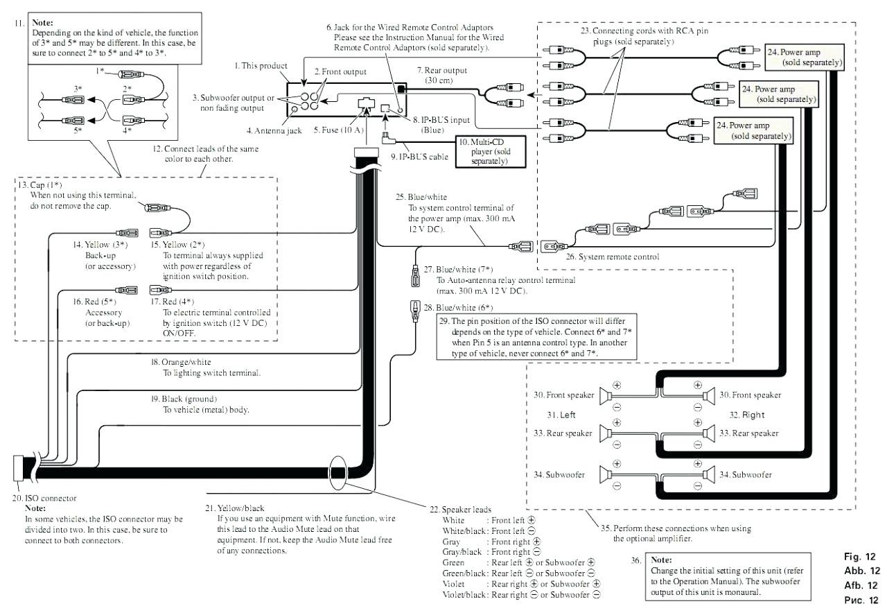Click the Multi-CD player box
tap(491, 152)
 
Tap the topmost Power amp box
tap(805, 58)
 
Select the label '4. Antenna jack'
tap(274, 131)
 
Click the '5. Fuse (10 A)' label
tap(339, 130)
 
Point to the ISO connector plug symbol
tap(18, 468)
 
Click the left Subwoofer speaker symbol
tap(606, 474)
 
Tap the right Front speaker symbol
tap(709, 396)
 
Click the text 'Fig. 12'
tap(860, 557)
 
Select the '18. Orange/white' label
tap(181, 362)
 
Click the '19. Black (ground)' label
tap(184, 399)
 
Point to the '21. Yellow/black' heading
tap(234, 508)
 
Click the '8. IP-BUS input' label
tap(441, 120)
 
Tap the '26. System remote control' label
tap(612, 257)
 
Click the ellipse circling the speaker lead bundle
tap(337, 472)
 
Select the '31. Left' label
tap(561, 415)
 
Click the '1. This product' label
tap(261, 66)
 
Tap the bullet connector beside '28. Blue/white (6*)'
tap(414, 311)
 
